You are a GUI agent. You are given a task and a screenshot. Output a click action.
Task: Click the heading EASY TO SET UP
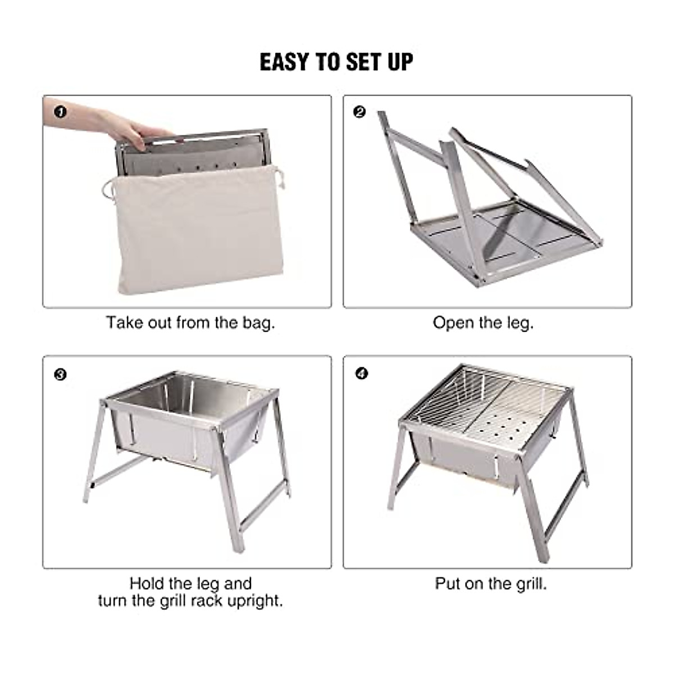click(336, 62)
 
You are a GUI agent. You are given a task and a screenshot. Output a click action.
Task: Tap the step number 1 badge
click(60, 112)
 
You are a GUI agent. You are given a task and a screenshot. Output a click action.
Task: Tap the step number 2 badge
click(360, 112)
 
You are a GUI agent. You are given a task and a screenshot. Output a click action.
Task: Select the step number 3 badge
click(60, 374)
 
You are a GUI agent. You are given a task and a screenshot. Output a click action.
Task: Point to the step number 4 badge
click(361, 374)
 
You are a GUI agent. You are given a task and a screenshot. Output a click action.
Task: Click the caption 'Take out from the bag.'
click(190, 323)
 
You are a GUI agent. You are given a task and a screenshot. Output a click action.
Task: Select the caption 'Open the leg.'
click(483, 323)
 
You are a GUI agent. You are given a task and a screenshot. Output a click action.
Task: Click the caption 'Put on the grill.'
click(490, 584)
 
